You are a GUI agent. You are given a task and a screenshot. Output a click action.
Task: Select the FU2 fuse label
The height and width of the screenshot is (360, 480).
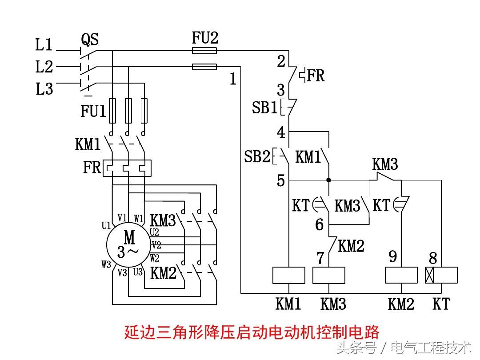point(205,38)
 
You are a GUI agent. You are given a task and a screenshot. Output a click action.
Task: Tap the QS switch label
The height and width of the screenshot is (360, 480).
point(90,40)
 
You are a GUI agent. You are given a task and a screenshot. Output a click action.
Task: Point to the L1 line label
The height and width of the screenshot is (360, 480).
point(44,45)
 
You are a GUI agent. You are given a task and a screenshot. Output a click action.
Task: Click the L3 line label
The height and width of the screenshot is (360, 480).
point(44,89)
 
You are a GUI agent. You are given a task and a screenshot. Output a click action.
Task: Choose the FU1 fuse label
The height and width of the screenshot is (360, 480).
point(93,111)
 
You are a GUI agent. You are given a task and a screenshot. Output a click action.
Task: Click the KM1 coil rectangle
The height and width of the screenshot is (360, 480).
point(288,275)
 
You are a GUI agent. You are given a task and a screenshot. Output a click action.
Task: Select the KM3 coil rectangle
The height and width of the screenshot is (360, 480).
point(329,275)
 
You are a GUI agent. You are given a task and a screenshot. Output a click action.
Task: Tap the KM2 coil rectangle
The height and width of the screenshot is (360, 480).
point(401,275)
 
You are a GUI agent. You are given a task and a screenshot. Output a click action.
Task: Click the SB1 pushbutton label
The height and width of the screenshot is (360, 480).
point(265,108)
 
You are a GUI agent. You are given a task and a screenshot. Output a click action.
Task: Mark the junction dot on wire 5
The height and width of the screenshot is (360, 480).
point(329,180)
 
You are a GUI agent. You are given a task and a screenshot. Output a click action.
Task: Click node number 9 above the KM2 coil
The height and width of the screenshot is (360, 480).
point(393,256)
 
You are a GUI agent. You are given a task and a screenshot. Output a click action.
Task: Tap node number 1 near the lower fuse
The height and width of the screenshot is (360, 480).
point(233,80)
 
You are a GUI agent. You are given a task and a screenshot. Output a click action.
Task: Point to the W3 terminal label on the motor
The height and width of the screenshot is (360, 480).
point(106,265)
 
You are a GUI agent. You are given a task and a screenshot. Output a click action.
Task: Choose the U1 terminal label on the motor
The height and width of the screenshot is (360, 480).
point(106,225)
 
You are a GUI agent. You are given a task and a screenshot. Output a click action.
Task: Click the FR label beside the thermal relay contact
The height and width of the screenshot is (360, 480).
point(316,76)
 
